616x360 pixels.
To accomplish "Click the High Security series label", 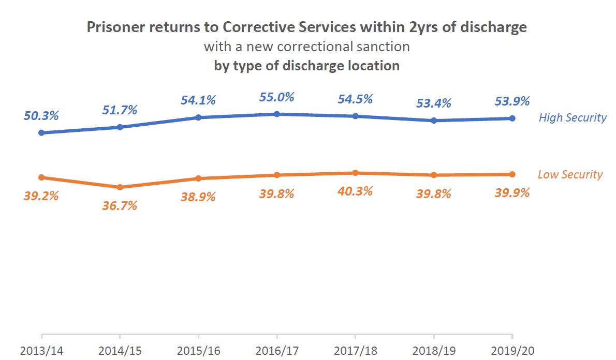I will [572, 117].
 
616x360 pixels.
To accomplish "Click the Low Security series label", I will [570, 174].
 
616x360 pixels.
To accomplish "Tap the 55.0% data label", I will [277, 97].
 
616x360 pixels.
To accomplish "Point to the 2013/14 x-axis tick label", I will [41, 350].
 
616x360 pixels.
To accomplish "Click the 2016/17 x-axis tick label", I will [277, 350].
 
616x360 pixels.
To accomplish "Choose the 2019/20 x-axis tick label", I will [512, 350].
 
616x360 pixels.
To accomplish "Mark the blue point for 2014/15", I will [120, 127].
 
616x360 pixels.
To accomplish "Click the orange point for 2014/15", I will [120, 187].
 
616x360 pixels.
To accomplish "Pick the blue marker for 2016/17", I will [277, 114].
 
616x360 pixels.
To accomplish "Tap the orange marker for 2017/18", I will [355, 173].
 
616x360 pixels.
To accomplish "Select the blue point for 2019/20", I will [512, 118].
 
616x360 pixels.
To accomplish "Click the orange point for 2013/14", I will [41, 177].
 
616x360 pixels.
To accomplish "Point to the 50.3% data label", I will [41, 116].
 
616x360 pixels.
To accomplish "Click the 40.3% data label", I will [355, 191].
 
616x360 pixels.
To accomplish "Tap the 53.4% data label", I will [434, 103].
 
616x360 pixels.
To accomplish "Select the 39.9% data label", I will [512, 193].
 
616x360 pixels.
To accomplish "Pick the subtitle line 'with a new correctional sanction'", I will [306, 47].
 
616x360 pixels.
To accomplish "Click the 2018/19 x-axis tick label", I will [434, 350].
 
